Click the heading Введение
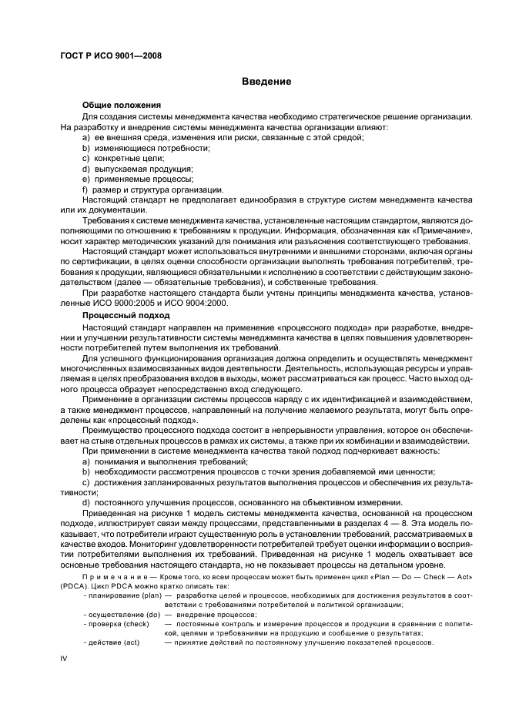click(x=266, y=81)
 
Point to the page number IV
click(x=65, y=659)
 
